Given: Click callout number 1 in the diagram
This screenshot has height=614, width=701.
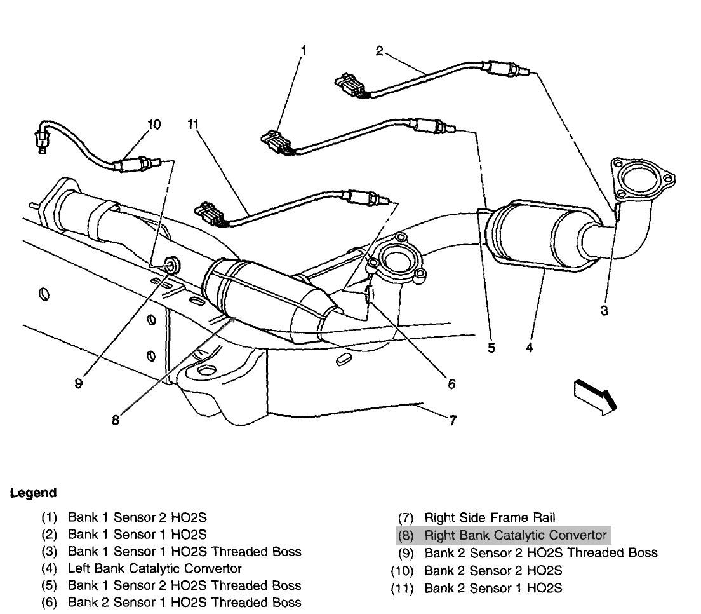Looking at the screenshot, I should pyautogui.click(x=304, y=50).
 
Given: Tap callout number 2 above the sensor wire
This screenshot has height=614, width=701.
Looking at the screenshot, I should pyautogui.click(x=379, y=50).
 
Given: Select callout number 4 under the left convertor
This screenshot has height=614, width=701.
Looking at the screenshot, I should pyautogui.click(x=529, y=348).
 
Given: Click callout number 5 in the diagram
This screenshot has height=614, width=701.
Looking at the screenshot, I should pyautogui.click(x=491, y=348).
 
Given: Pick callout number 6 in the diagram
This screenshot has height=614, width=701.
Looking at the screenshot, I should pyautogui.click(x=451, y=383).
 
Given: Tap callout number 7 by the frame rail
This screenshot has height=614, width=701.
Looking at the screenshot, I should pyautogui.click(x=453, y=420).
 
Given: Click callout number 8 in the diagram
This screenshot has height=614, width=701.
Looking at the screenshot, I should pyautogui.click(x=115, y=420).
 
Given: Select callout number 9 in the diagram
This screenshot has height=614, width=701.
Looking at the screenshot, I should pyautogui.click(x=78, y=383).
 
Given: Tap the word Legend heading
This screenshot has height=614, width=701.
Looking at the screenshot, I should pyautogui.click(x=33, y=493).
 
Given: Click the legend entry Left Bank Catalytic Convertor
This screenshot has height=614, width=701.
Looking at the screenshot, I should pyautogui.click(x=154, y=568).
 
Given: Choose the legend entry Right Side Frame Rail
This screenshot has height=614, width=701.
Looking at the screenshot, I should pyautogui.click(x=490, y=518).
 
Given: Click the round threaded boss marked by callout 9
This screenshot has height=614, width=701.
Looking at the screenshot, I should pyautogui.click(x=170, y=264).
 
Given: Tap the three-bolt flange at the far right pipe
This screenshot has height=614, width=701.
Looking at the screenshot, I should pyautogui.click(x=639, y=176).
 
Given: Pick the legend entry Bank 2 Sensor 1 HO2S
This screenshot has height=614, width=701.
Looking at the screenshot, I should pyautogui.click(x=493, y=589).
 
